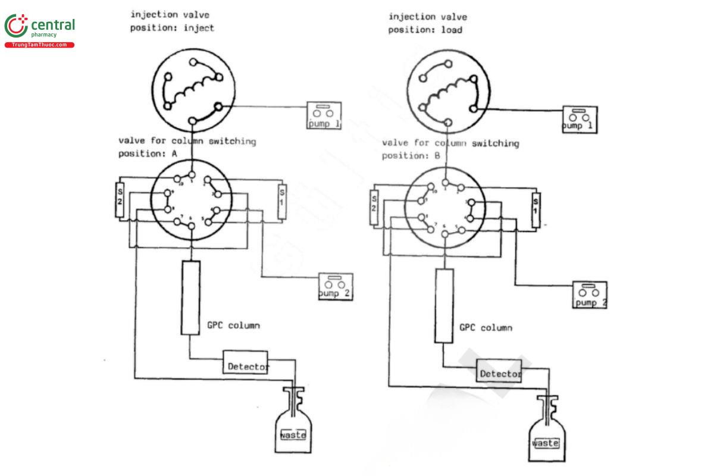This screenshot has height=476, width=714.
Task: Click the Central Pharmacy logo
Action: [x=39, y=31]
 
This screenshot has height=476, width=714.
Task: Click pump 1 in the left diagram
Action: [x=325, y=115]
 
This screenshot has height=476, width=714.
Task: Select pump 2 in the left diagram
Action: [x=336, y=287]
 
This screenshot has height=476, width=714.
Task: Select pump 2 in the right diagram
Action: [x=590, y=295]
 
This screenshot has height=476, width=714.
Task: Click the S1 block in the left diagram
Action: [x=283, y=203]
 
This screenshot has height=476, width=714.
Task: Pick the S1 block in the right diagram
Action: [x=535, y=209]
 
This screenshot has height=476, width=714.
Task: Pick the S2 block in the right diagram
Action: [x=374, y=207]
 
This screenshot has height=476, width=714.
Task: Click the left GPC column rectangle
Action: [x=190, y=297]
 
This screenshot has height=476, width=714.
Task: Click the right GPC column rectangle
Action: [x=443, y=305]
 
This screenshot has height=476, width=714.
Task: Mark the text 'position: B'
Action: [x=411, y=156]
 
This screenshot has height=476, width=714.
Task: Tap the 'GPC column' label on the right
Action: [x=486, y=328]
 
